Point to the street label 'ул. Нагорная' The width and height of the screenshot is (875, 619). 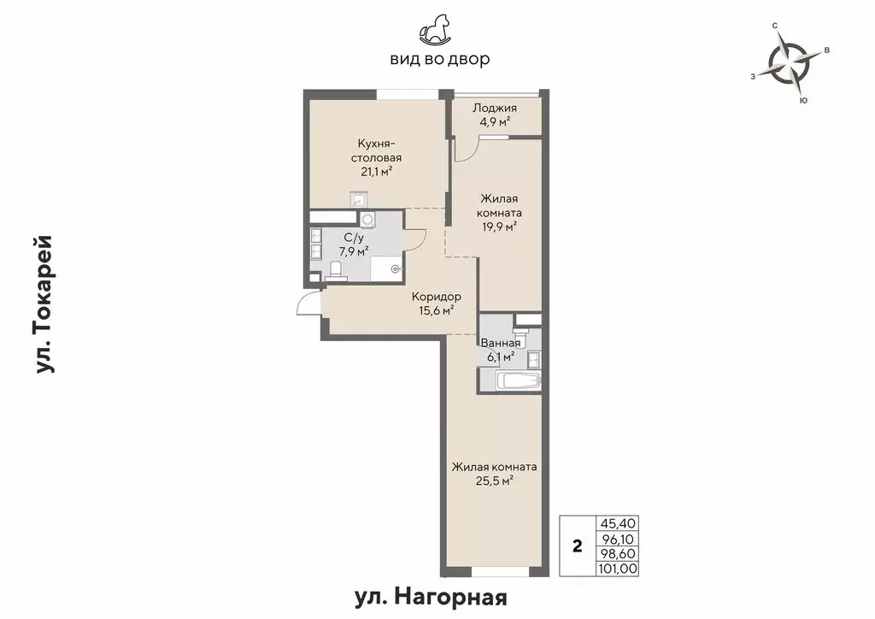click(x=437, y=596)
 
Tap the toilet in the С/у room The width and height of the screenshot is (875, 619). click(x=336, y=271)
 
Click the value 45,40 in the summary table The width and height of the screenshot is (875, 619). click(x=620, y=523)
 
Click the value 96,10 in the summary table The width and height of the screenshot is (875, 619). click(x=620, y=539)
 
